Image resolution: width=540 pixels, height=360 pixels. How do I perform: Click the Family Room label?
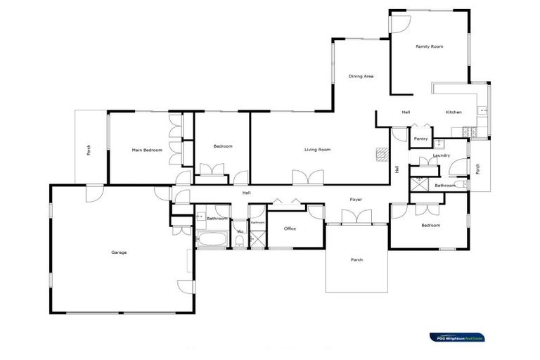tap(429, 46)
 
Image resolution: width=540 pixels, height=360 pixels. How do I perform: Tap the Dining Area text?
tap(361, 76)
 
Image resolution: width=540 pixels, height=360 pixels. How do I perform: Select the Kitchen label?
tap(454, 112)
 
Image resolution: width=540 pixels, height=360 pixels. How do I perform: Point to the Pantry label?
tap(421, 139)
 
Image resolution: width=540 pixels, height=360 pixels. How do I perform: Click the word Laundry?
tap(442, 155)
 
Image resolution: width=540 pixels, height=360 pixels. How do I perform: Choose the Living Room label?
tap(317, 149)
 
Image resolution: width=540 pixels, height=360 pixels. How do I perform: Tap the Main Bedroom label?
tap(147, 150)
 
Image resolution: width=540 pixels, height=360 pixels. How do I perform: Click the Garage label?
tap(119, 252)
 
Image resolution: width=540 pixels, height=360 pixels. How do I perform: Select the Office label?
tap(290, 229)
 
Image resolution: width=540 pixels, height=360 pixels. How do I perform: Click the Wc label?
tap(240, 231)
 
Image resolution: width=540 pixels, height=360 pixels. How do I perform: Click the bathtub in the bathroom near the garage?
tap(211, 239)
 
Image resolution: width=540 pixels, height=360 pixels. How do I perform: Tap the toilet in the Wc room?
tap(240, 243)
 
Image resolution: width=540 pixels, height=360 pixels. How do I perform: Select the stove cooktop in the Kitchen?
tap(468, 131)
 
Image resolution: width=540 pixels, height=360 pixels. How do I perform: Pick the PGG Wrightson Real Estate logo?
tap(457, 337)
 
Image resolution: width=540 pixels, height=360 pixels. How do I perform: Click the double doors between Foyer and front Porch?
tap(356, 218)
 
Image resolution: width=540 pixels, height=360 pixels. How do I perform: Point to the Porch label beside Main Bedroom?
tap(89, 150)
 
